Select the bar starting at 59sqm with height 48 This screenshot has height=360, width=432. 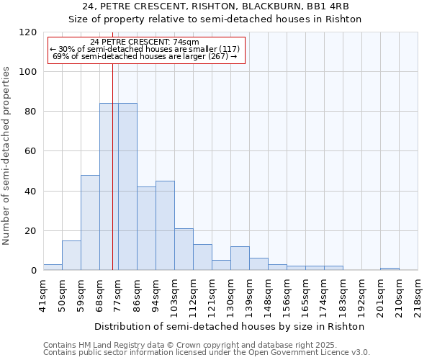[x=90, y=222]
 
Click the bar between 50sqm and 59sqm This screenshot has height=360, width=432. [x=71, y=256]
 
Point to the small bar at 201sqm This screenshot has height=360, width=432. [x=390, y=269]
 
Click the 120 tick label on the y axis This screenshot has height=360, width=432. [x=28, y=32]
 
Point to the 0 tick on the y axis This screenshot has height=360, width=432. [x=34, y=271]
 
